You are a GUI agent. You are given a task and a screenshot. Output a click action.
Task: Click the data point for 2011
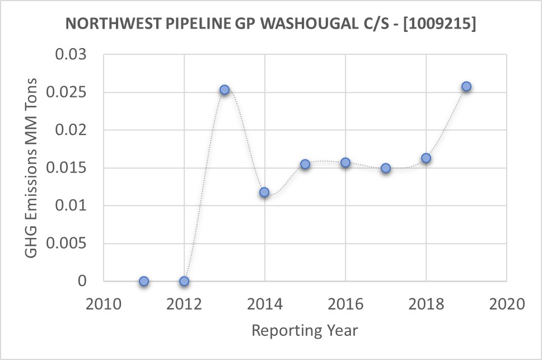[x=144, y=281]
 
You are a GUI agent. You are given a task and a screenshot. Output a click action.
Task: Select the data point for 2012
[x=184, y=281]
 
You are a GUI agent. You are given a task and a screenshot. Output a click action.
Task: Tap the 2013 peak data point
[x=225, y=90]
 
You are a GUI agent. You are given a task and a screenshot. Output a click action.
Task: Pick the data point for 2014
[x=264, y=193]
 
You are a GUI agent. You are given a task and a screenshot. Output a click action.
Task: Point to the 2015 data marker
[x=305, y=164]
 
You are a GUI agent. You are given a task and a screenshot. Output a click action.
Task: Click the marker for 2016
[x=345, y=162]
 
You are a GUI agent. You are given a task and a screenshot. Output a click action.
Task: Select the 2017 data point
[x=386, y=168]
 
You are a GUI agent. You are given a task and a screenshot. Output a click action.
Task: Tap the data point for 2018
[x=426, y=158]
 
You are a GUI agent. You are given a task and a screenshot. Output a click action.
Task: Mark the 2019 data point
[x=466, y=87]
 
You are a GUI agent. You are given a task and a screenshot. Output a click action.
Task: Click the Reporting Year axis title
[x=305, y=330]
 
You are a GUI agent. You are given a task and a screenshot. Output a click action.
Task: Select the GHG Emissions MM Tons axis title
[x=32, y=168]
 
